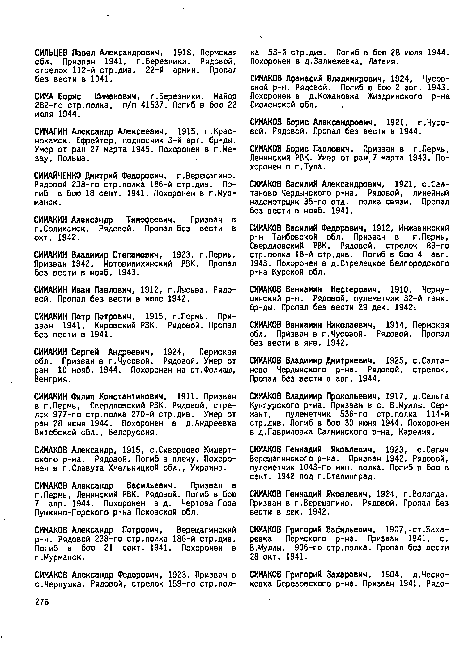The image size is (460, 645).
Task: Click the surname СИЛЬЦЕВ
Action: (x=52, y=53)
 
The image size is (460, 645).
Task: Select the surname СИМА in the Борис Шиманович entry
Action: (x=45, y=97)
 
